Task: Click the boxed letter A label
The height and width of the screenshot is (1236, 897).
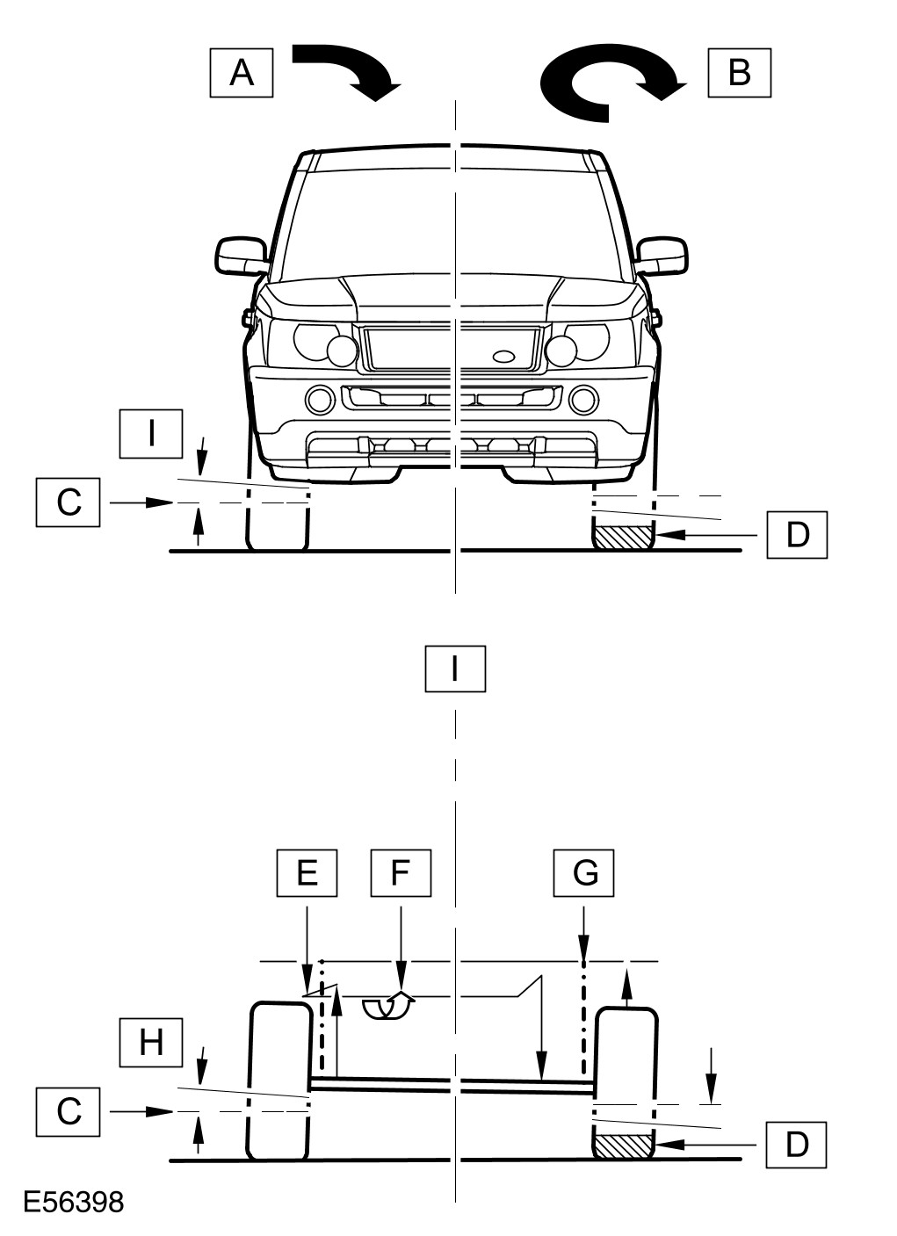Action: coord(242,72)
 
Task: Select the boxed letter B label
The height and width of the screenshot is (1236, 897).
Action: coord(740,72)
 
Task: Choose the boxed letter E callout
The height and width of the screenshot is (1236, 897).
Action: coord(307,872)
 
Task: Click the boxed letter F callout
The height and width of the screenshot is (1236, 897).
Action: coord(401,872)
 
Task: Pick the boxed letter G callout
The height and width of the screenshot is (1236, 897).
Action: coord(584,872)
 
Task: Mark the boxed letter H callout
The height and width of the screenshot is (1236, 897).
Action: coord(151,1043)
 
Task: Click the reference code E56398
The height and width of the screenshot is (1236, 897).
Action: coord(74,1202)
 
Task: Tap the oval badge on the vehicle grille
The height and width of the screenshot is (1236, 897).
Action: coord(506,356)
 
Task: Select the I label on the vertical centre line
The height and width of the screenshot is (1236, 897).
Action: coord(454,669)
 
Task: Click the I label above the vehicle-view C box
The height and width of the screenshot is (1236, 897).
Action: coord(151,433)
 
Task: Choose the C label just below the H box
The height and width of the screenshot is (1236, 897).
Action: coord(69,1110)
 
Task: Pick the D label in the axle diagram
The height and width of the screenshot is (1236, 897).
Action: coord(796,1145)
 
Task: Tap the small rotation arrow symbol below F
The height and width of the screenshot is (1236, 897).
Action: coord(387,1007)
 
